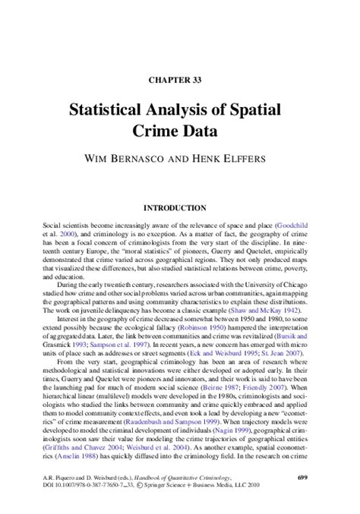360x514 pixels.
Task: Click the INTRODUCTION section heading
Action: (x=179, y=207)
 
